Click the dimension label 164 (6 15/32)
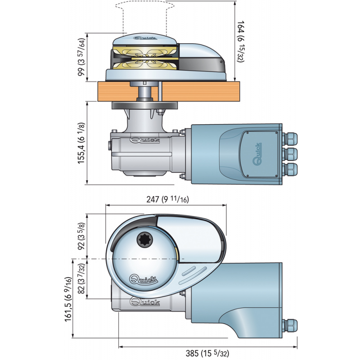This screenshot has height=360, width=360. click(x=241, y=41)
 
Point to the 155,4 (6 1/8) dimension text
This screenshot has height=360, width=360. click(x=81, y=143)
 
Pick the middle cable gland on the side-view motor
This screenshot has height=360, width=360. click(x=291, y=154)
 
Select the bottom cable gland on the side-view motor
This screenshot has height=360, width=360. click(x=291, y=171)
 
